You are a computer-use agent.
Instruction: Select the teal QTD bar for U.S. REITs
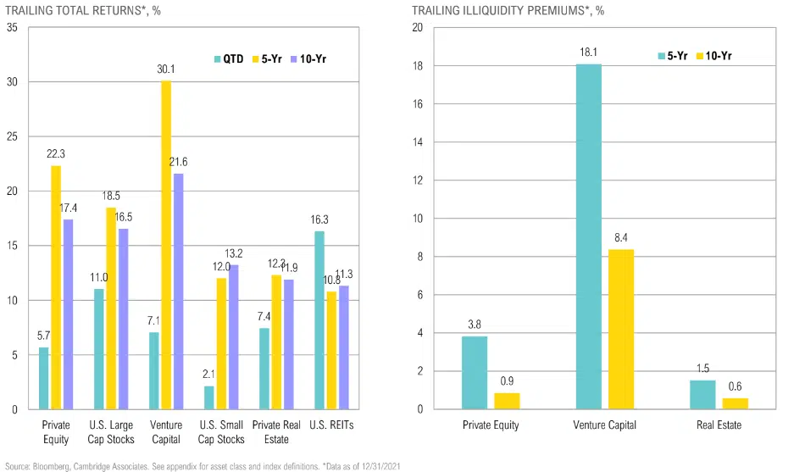click(319, 320)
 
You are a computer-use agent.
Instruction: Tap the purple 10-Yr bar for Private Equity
click(68, 314)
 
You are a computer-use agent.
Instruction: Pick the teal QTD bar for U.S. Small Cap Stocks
click(208, 397)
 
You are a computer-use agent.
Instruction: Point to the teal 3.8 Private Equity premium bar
click(475, 373)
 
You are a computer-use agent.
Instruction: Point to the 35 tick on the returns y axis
click(12, 28)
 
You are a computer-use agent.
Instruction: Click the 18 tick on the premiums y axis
click(418, 66)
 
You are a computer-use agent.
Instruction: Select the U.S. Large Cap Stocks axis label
click(111, 432)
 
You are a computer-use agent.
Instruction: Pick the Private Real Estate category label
click(276, 432)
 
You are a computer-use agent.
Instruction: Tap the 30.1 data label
click(167, 69)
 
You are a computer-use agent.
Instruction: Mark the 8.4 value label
click(620, 238)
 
